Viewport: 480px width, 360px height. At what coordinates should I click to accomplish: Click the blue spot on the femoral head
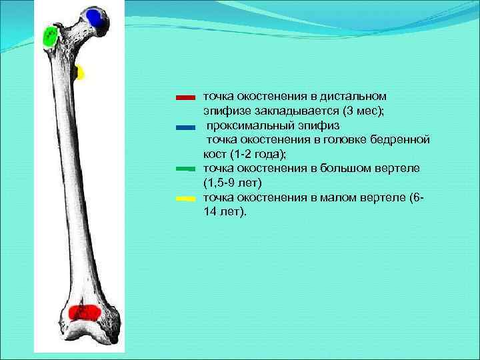pyautogui.click(x=95, y=19)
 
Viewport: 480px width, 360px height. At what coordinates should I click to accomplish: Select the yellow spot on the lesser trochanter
pyautogui.click(x=81, y=73)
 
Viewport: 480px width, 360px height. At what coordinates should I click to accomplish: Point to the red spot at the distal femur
pyautogui.click(x=84, y=312)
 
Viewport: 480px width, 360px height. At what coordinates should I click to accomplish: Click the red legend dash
pyautogui.click(x=185, y=97)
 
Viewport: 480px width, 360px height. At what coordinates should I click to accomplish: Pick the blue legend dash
pyautogui.click(x=185, y=127)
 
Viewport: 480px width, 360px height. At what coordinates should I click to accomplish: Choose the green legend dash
pyautogui.click(x=185, y=169)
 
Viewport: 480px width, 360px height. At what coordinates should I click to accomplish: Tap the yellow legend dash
pyautogui.click(x=185, y=199)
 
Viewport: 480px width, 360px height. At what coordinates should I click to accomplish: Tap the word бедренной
pyautogui.click(x=401, y=139)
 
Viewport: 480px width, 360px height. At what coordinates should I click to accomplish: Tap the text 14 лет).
pyautogui.click(x=225, y=212)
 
